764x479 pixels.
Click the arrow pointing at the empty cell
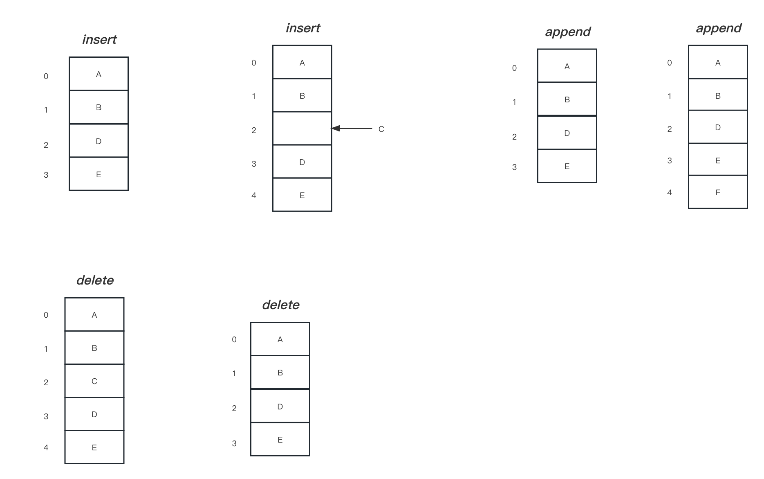click(352, 129)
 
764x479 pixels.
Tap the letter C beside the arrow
click(381, 129)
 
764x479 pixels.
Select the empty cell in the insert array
click(302, 128)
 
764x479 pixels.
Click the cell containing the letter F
click(718, 192)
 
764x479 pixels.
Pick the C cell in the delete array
click(94, 381)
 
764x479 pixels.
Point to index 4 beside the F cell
click(670, 192)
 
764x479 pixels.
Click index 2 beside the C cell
click(46, 382)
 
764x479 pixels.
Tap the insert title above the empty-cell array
click(303, 28)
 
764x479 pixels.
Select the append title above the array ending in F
click(719, 28)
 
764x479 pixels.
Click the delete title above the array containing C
click(95, 280)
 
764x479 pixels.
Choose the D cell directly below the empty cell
click(302, 162)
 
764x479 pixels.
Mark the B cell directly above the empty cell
click(302, 95)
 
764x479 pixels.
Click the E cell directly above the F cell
click(718, 160)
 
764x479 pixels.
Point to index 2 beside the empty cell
click(254, 130)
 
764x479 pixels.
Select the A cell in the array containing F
click(718, 62)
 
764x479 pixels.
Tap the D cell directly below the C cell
click(94, 414)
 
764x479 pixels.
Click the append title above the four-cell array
click(568, 32)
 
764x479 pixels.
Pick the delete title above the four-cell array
click(280, 305)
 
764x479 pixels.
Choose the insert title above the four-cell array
click(99, 39)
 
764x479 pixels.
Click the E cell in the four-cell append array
click(567, 166)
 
